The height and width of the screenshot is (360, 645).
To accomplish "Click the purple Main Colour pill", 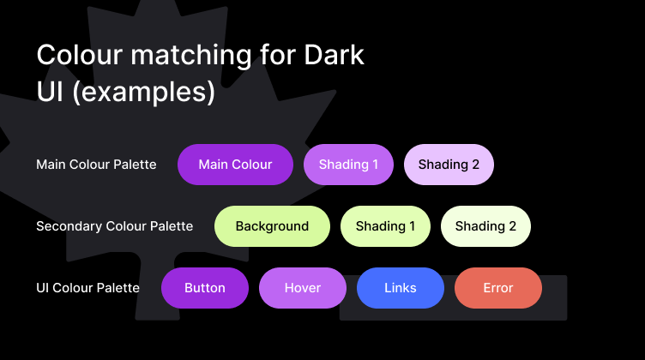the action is pyautogui.click(x=235, y=165).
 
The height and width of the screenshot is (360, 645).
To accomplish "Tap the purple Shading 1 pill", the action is pyautogui.click(x=348, y=165).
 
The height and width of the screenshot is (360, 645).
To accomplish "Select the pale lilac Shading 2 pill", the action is pyautogui.click(x=449, y=165).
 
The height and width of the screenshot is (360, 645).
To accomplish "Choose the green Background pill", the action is pyautogui.click(x=272, y=226).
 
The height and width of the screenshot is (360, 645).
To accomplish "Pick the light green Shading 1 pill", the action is pyautogui.click(x=385, y=226).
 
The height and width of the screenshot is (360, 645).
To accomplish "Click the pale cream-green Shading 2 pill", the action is pyautogui.click(x=485, y=226).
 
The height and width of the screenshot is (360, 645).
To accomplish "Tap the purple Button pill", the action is pyautogui.click(x=205, y=288).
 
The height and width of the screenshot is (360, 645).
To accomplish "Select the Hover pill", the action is pyautogui.click(x=303, y=288).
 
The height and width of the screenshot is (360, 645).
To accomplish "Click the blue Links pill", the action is pyautogui.click(x=401, y=288).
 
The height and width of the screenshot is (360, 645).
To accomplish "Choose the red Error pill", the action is pyautogui.click(x=498, y=288).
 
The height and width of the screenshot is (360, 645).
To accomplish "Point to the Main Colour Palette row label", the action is pyautogui.click(x=96, y=165).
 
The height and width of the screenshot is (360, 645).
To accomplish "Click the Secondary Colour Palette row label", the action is pyautogui.click(x=114, y=226).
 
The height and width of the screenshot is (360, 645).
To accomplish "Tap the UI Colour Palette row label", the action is pyautogui.click(x=88, y=288).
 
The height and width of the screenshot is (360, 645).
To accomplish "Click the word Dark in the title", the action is pyautogui.click(x=334, y=55).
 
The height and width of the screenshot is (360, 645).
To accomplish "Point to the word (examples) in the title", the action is pyautogui.click(x=143, y=92).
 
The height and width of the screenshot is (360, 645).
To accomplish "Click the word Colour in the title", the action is pyautogui.click(x=80, y=55).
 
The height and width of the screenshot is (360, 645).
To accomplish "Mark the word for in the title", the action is pyautogui.click(x=278, y=54).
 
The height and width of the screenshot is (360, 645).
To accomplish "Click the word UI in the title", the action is pyautogui.click(x=50, y=91).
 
